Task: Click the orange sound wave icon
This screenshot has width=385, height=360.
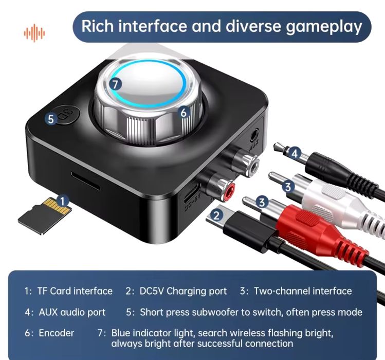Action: click(x=34, y=32)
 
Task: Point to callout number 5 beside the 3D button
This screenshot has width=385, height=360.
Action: click(x=50, y=119)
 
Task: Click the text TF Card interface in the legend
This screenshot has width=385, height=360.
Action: click(x=75, y=291)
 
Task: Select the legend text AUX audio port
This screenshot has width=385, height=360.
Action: click(x=72, y=312)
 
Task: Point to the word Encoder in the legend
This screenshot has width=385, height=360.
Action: click(x=57, y=333)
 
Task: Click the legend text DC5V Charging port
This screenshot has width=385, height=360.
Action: click(x=183, y=291)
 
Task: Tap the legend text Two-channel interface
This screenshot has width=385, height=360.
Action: click(x=303, y=291)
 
